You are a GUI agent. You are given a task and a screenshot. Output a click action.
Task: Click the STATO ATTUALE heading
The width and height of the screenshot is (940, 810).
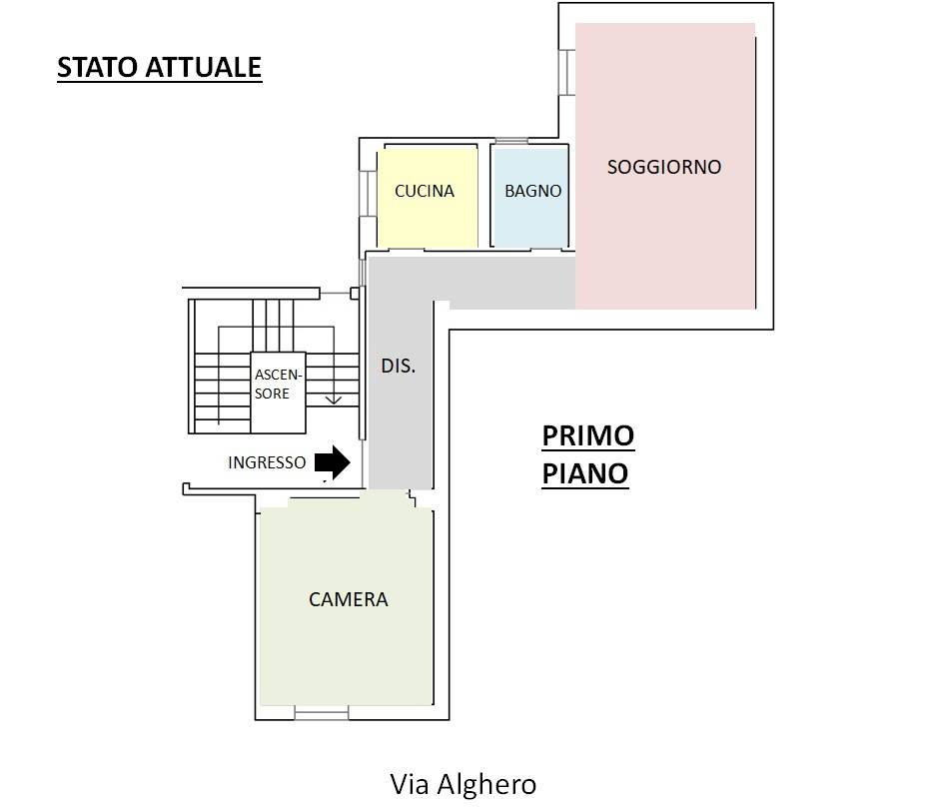click(x=160, y=67)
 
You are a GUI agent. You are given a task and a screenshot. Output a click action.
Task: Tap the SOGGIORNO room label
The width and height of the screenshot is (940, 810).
click(x=664, y=167)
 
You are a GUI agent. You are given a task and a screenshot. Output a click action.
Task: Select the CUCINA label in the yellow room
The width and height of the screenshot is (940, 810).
click(x=425, y=191)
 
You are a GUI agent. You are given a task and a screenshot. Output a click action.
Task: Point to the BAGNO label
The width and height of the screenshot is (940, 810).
click(x=533, y=191)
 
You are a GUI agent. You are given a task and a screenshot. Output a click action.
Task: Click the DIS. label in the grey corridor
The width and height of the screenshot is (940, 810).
click(x=398, y=366)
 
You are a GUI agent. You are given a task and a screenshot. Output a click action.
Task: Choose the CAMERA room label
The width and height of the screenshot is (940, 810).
click(x=349, y=599)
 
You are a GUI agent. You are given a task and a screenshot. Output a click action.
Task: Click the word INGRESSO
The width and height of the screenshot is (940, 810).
click(x=267, y=462)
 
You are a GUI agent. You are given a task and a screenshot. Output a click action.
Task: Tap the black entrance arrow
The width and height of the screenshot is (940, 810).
click(x=333, y=462)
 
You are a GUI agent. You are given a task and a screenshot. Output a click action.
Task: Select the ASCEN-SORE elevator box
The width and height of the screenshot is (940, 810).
click(x=278, y=393)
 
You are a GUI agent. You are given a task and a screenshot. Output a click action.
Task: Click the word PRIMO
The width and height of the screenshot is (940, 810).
click(x=588, y=435)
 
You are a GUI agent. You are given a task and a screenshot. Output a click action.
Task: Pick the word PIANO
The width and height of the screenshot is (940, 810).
click(x=585, y=473)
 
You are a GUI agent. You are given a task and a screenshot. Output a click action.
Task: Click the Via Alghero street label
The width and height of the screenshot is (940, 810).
click(x=464, y=784)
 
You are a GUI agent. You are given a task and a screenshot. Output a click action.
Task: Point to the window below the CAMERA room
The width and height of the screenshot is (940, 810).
click(x=322, y=713)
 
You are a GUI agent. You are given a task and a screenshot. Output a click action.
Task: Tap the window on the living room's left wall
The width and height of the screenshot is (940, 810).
click(x=566, y=72)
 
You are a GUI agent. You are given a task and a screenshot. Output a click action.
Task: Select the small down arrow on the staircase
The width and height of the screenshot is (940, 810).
click(x=334, y=399)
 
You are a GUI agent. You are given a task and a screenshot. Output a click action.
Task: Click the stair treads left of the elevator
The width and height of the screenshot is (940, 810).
click(x=223, y=393)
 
